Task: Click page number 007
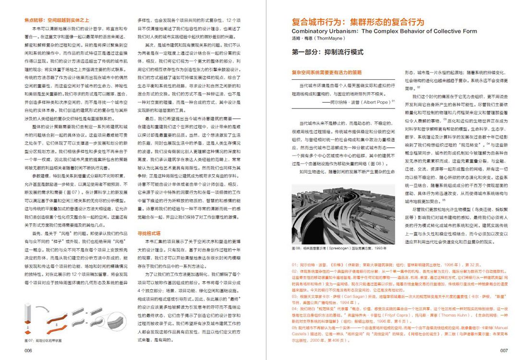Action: (x=504, y=351)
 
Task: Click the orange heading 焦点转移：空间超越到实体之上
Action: (x=57, y=21)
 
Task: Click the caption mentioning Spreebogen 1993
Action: (x=339, y=249)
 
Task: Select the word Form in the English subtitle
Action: (x=469, y=31)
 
